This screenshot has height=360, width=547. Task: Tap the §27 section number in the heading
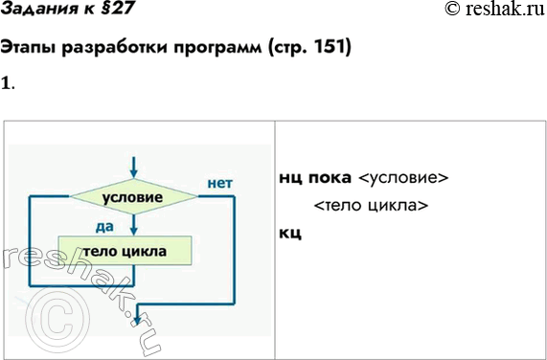tap(114, 10)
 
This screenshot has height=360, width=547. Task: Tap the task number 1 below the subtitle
tap(6, 82)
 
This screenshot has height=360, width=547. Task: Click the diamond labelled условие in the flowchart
tap(133, 196)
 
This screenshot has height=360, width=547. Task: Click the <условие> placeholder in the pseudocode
tap(402, 179)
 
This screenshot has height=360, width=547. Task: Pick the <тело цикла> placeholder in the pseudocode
tap(370, 206)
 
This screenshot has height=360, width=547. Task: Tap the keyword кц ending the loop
tap(290, 233)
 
